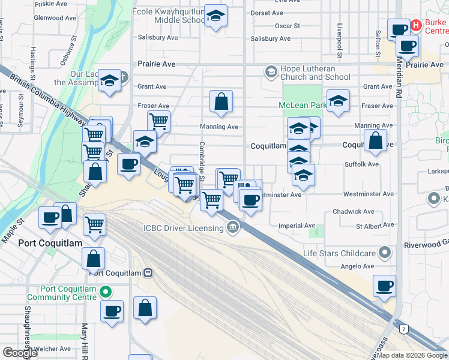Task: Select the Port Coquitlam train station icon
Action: click(x=148, y=273)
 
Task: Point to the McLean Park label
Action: click(x=302, y=106)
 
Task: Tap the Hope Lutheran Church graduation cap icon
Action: click(x=271, y=72)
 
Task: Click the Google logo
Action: click(x=20, y=353)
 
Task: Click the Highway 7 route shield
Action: click(x=404, y=329)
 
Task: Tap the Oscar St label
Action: click(x=287, y=26)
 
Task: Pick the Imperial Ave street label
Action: click(x=297, y=226)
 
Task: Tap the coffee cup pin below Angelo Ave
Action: click(x=384, y=286)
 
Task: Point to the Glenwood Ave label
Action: click(x=55, y=18)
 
